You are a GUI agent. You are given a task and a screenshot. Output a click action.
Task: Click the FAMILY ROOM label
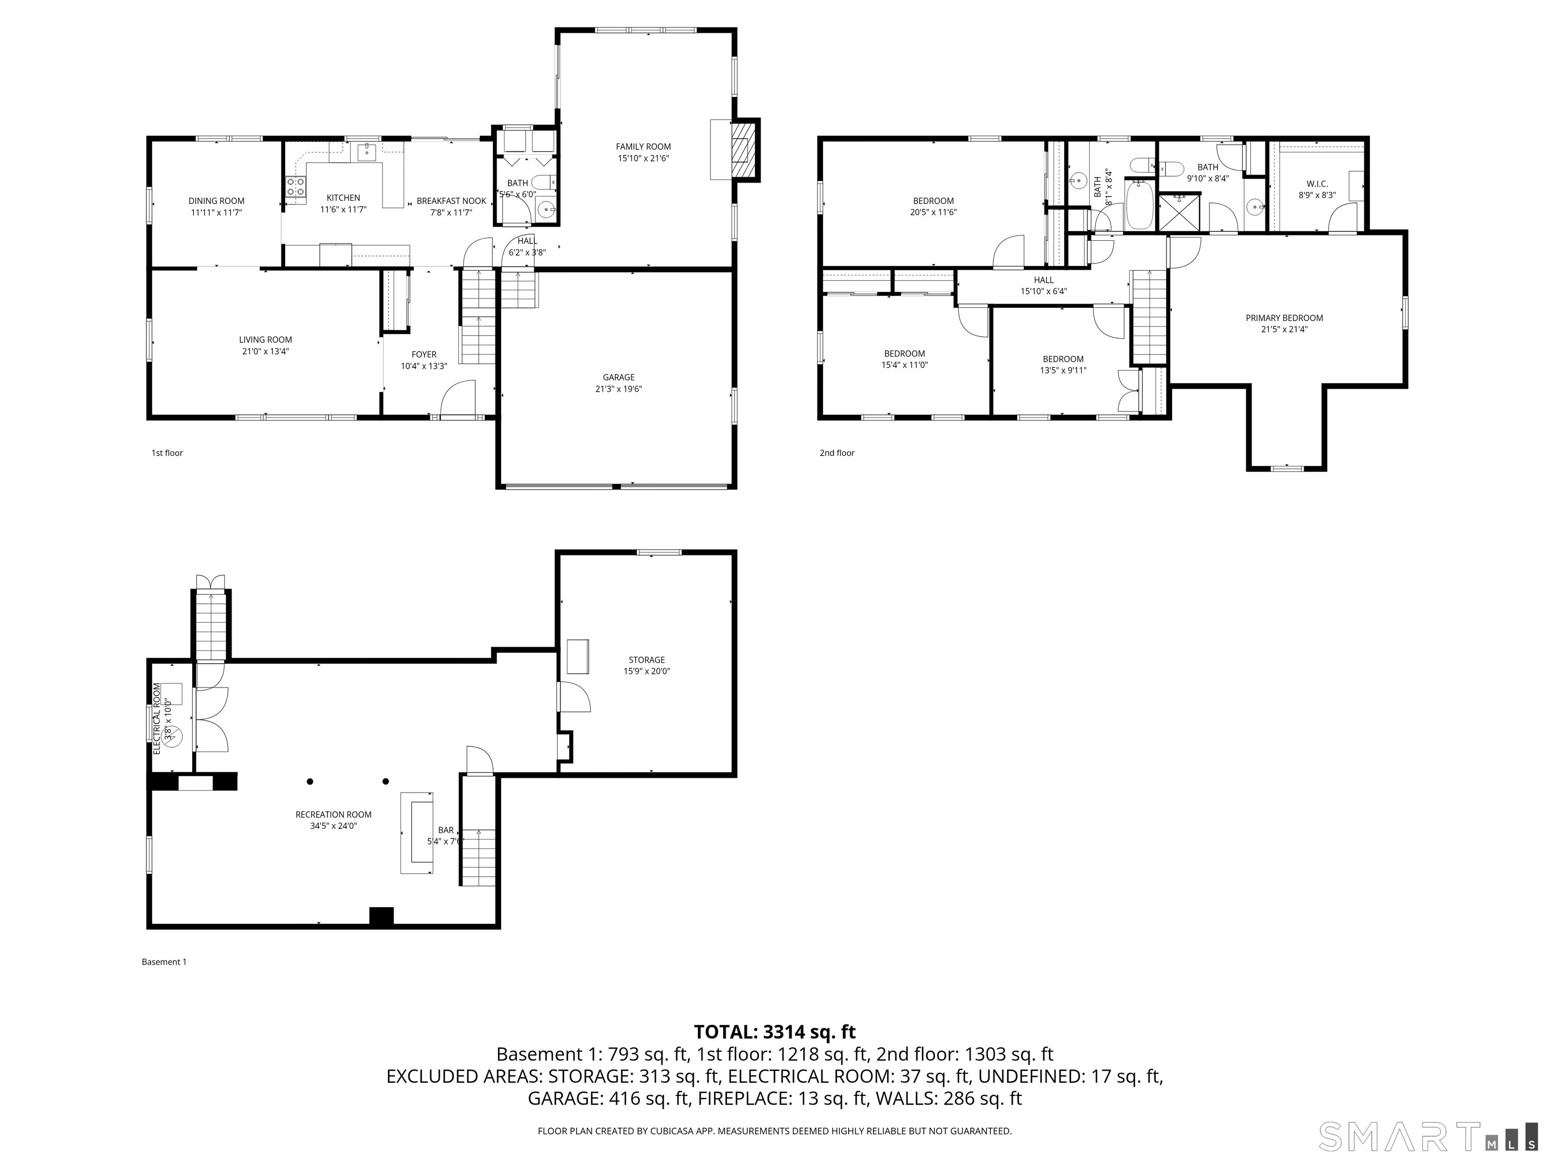pyautogui.click(x=643, y=146)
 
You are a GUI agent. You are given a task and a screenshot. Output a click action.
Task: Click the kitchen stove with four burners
pyautogui.click(x=296, y=186)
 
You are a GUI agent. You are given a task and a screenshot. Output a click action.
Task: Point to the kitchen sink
pyautogui.click(x=366, y=151)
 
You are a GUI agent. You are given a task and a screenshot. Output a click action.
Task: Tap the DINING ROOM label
pyautogui.click(x=216, y=200)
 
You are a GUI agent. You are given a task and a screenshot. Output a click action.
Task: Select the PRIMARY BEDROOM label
pyautogui.click(x=1284, y=318)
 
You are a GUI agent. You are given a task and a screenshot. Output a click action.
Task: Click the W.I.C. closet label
pyautogui.click(x=1317, y=184)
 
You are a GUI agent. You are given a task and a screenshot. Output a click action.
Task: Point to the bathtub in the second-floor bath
pyautogui.click(x=1139, y=204)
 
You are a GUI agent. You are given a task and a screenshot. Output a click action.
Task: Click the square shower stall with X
pyautogui.click(x=1179, y=213)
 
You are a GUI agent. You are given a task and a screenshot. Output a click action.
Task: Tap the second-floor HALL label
pyautogui.click(x=1043, y=280)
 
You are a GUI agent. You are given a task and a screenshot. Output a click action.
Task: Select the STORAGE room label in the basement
pyautogui.click(x=646, y=660)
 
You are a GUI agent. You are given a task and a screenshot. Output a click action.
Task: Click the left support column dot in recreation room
pyautogui.click(x=310, y=781)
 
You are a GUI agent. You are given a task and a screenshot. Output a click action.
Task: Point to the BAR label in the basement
pyautogui.click(x=446, y=830)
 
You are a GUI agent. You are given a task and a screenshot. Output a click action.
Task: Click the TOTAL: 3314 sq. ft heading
pyautogui.click(x=774, y=1032)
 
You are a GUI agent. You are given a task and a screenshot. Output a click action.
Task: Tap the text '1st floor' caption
pyautogui.click(x=167, y=453)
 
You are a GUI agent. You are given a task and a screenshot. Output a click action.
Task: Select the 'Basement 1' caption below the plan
pyautogui.click(x=164, y=962)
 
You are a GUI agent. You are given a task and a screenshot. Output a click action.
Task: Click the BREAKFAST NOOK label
pyautogui.click(x=451, y=200)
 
